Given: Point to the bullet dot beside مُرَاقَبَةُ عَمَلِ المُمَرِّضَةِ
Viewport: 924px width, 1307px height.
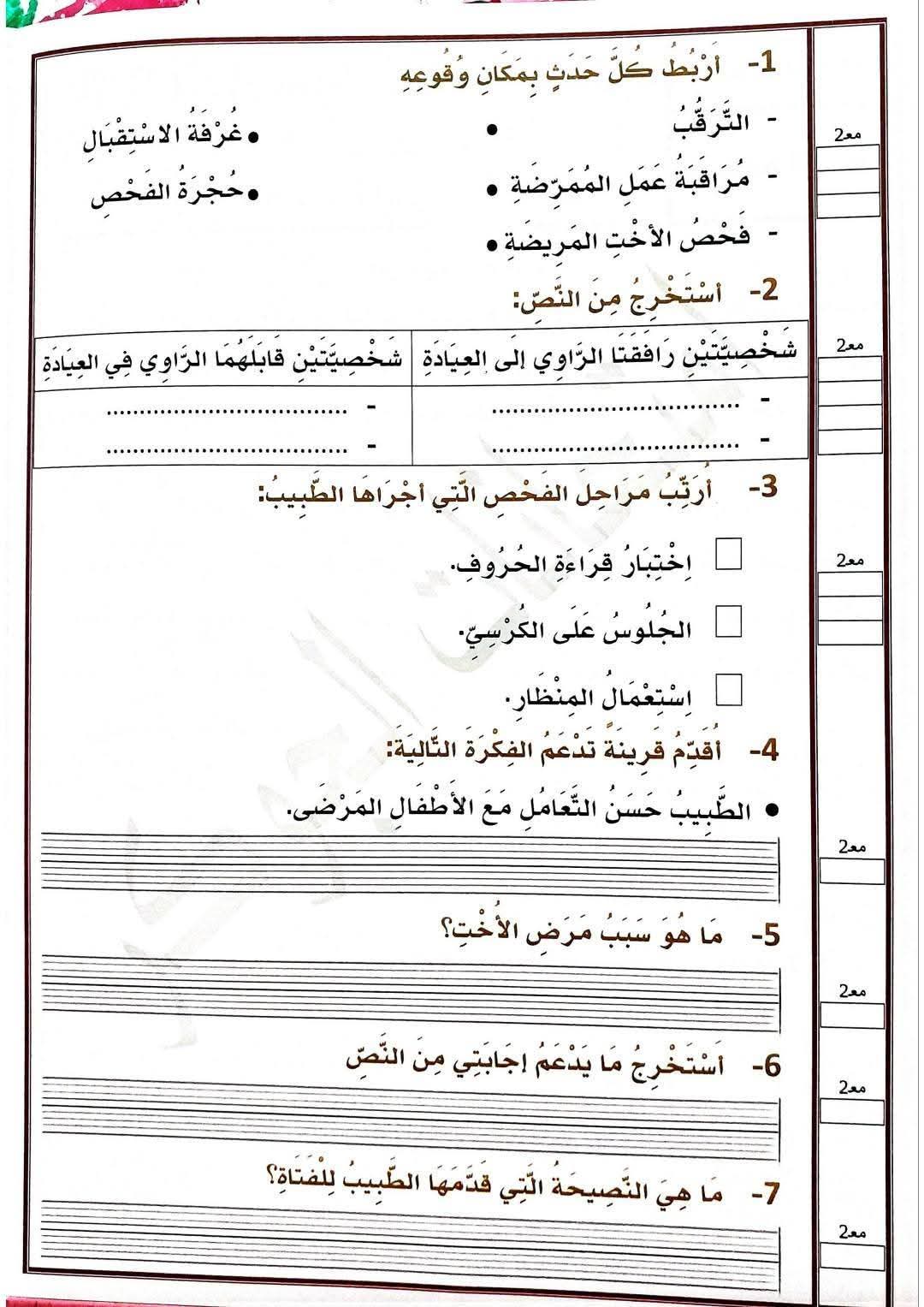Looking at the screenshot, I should [492, 188].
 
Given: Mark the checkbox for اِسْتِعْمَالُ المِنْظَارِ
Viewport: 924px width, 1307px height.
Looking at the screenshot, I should [728, 689].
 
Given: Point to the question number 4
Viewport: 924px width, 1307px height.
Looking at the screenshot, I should [763, 751].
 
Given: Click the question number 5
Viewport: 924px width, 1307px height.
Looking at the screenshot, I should [765, 935].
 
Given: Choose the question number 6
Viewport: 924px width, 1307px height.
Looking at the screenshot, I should [766, 1066].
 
